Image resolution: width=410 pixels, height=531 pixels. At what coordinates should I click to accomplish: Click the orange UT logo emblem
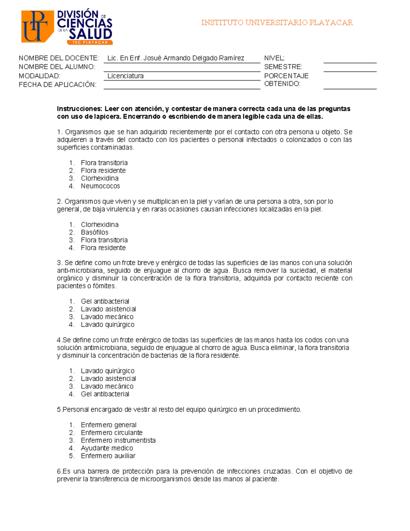pyautogui.click(x=37, y=26)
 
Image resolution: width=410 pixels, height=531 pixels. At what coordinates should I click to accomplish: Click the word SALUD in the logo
pyautogui.click(x=90, y=34)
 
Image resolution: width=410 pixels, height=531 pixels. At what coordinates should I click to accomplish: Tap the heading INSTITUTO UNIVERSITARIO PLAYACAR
pyautogui.click(x=277, y=23)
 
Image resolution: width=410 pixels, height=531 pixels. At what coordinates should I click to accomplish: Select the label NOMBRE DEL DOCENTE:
pyautogui.click(x=59, y=58)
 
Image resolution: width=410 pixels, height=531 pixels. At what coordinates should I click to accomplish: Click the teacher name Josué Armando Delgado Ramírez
pyautogui.click(x=176, y=58)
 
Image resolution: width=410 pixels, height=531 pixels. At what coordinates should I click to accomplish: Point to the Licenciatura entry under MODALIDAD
pyautogui.click(x=125, y=76)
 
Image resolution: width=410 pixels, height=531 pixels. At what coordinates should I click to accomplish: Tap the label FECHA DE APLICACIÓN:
pyautogui.click(x=57, y=85)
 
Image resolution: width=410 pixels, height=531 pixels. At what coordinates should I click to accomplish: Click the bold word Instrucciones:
pyautogui.click(x=80, y=109)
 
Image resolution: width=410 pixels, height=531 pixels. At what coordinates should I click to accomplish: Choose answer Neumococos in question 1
pyautogui.click(x=100, y=186)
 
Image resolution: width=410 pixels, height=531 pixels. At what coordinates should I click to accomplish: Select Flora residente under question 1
pyautogui.click(x=103, y=171)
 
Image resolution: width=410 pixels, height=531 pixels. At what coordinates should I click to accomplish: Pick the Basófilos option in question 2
pyautogui.click(x=95, y=232)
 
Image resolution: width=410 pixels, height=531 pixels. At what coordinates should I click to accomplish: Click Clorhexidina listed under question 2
pyautogui.click(x=99, y=225)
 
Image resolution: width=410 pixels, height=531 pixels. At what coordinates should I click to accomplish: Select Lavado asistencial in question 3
pyautogui.click(x=108, y=309)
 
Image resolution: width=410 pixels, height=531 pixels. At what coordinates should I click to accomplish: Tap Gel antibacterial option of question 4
pyautogui.click(x=105, y=394)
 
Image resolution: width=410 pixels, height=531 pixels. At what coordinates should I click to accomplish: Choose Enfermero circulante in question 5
pyautogui.click(x=111, y=433)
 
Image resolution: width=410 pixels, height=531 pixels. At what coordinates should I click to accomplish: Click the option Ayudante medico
pyautogui.click(x=107, y=448)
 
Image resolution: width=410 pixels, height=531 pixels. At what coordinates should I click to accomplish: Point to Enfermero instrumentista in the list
pyautogui.click(x=118, y=440)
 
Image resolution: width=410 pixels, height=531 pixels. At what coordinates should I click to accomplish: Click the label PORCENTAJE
pyautogui.click(x=286, y=76)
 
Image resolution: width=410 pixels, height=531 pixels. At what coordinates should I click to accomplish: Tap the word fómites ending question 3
pyautogui.click(x=104, y=286)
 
